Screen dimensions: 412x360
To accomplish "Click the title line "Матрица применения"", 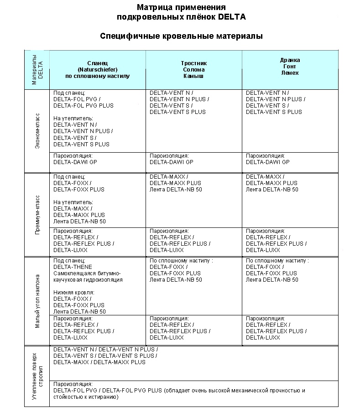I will (x=181, y=8).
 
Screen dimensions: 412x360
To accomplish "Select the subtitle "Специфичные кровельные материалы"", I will (x=181, y=36).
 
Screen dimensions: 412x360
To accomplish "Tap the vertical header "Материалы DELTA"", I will (x=37, y=70).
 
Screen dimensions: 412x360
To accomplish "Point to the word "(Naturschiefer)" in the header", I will (x=98, y=70).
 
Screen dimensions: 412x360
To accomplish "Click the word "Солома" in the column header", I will (x=194, y=70).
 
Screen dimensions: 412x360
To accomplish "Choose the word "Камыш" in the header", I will (x=194, y=76).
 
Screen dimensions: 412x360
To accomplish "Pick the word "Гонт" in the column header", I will (x=290, y=67).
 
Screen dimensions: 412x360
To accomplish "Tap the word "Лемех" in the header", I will (x=290, y=73).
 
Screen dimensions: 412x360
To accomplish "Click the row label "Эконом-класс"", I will (x=37, y=131).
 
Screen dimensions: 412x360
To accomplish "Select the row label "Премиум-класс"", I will (x=37, y=215).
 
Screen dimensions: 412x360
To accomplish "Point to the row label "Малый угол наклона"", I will (x=37, y=301).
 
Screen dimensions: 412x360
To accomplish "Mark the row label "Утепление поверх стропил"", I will (x=37, y=376).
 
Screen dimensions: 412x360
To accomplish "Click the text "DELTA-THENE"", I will (x=73, y=267).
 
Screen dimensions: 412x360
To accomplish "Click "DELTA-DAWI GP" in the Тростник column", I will (x=171, y=162).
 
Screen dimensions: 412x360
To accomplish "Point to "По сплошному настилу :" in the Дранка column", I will (x=277, y=261).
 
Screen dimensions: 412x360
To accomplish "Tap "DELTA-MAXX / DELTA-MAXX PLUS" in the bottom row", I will (x=99, y=362).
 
